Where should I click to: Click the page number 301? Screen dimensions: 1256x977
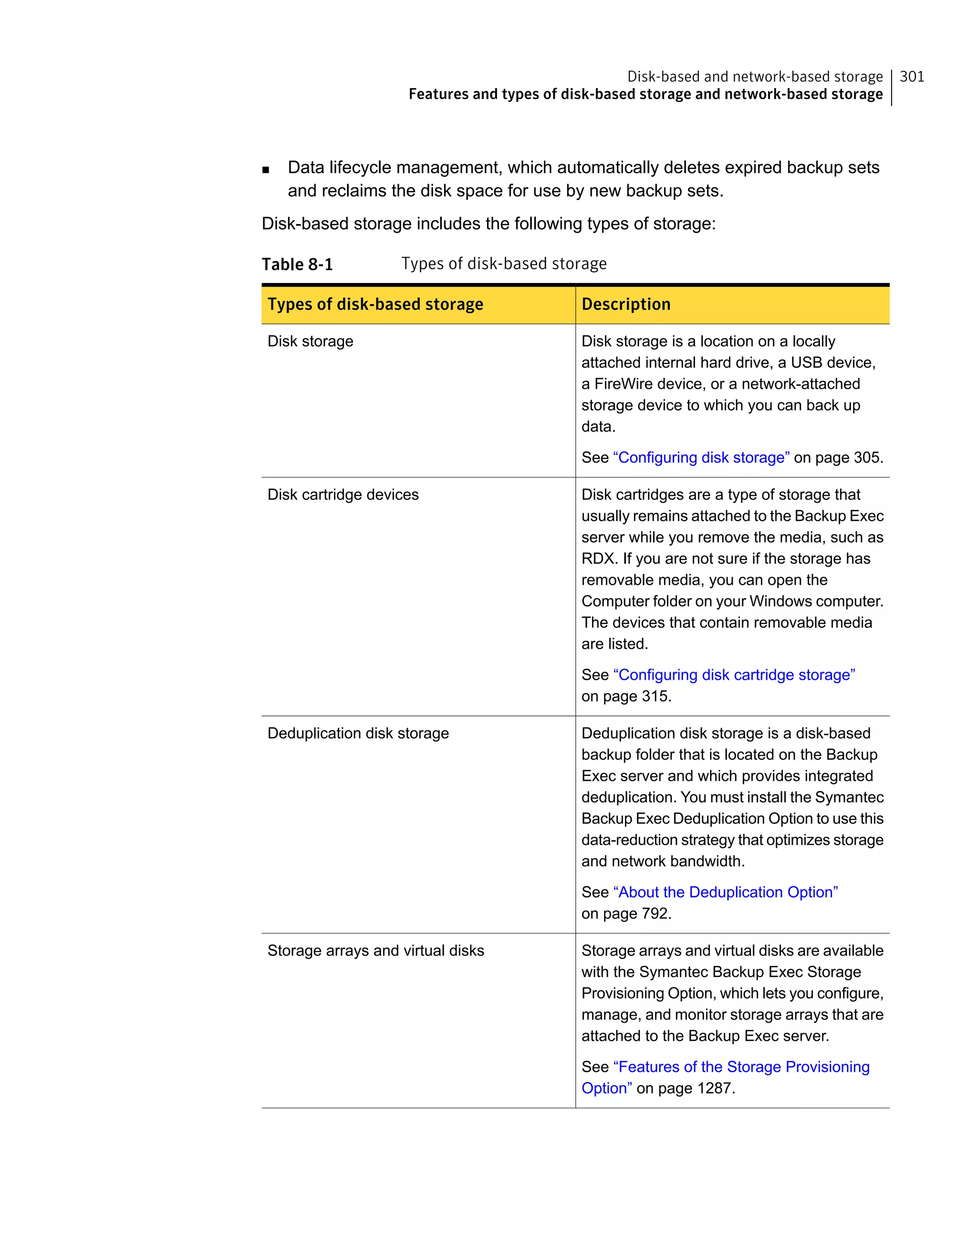click(912, 76)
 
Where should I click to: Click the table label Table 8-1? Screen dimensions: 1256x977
click(297, 265)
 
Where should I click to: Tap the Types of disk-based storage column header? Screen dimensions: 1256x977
click(375, 304)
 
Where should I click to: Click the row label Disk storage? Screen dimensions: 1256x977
click(310, 342)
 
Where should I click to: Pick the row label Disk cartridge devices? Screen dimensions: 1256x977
click(343, 495)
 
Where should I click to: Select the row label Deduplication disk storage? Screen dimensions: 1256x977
click(358, 733)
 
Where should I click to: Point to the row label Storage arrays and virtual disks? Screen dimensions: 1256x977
click(375, 951)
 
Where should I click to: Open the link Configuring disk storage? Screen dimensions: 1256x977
click(701, 458)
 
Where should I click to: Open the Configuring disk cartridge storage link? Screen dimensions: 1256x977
click(734, 675)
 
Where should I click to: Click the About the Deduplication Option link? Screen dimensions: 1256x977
click(725, 893)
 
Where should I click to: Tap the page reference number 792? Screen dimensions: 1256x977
click(655, 914)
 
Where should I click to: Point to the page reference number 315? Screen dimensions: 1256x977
click(655, 696)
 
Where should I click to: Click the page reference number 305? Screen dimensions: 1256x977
click(867, 458)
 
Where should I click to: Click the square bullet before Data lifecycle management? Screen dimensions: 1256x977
click(265, 170)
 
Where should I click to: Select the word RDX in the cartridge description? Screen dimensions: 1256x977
click(598, 559)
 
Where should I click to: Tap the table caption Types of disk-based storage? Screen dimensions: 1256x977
click(504, 264)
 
